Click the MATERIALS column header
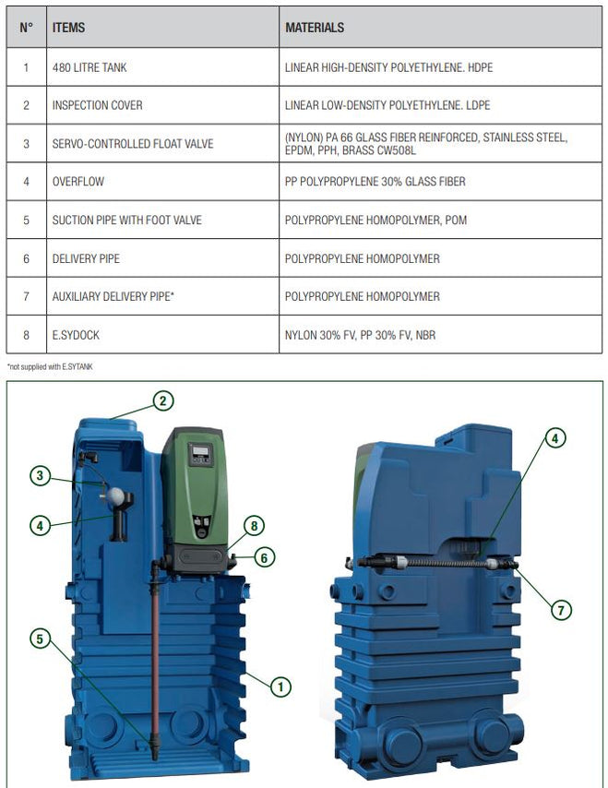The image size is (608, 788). click(315, 28)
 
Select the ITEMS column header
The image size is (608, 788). click(68, 28)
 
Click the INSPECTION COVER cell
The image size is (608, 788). click(97, 105)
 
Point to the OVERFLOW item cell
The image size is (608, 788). click(78, 182)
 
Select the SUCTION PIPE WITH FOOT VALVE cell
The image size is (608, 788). click(126, 220)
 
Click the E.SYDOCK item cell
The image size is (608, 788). click(76, 335)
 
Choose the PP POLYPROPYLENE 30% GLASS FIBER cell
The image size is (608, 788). click(375, 182)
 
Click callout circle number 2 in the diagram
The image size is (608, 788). click(162, 401)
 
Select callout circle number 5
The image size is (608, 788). click(40, 639)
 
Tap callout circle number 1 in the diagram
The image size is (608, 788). click(279, 685)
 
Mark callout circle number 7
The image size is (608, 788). click(559, 610)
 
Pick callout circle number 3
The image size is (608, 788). click(40, 476)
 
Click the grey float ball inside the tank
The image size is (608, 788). click(116, 496)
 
